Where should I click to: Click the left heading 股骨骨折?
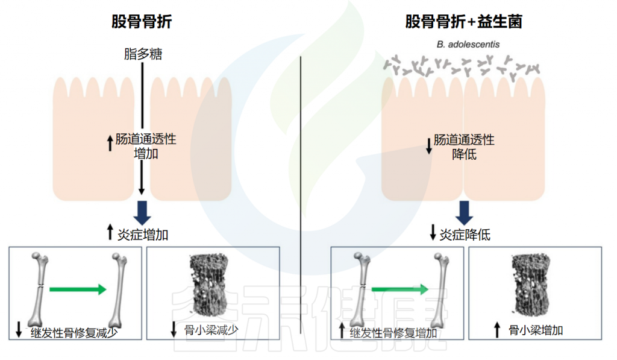coord(142,21)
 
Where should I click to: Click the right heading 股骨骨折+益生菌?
coord(464,21)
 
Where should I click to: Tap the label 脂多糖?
coord(143,54)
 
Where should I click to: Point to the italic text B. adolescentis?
coord(468,45)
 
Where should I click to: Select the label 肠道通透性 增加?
coord(146,146)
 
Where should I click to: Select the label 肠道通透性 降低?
coord(464,147)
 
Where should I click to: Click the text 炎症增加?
coord(143,235)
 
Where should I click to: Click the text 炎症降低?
coord(465,235)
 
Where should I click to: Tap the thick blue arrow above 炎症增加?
coord(142,213)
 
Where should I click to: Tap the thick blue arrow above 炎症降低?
coord(465,213)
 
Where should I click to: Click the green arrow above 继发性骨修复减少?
coord(78,289)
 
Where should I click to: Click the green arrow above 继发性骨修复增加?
coord(400,289)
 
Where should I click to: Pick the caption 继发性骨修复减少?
coord(74,333)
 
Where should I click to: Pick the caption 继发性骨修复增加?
coord(393,333)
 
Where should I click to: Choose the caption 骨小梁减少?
coord(211,330)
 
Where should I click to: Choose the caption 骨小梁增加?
coord(536,330)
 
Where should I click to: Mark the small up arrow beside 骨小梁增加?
coord(497,330)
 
